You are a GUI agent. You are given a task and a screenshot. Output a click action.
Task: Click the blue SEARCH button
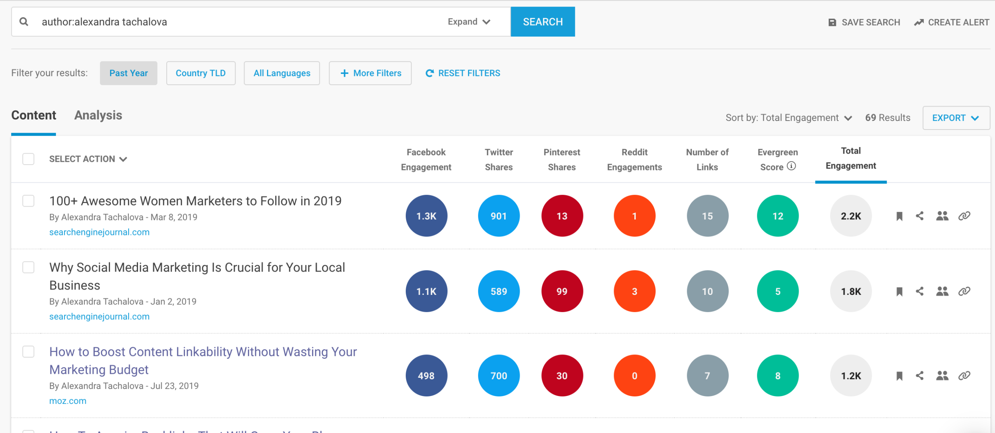coord(543,22)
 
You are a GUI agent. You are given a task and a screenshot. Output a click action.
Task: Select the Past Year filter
coord(128,73)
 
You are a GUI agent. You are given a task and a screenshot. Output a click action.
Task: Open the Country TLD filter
coord(201,73)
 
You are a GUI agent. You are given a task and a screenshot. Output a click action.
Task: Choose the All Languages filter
coord(282,73)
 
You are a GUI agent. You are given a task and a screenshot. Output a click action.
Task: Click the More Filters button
coord(370,73)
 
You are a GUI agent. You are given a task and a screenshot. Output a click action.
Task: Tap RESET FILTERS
coord(463,73)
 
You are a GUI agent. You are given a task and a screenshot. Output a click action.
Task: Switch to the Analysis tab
coord(98,116)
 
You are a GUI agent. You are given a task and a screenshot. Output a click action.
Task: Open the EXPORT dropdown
coord(956,118)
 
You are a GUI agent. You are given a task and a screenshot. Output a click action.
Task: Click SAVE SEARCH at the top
coord(864,23)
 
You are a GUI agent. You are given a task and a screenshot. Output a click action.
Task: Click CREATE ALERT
coord(951,23)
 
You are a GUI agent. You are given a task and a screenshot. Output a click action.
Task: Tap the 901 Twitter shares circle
coord(499,216)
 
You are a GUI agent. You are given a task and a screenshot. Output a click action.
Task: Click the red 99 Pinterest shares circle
coord(562,291)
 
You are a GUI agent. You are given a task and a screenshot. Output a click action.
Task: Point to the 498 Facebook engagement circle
coord(426,376)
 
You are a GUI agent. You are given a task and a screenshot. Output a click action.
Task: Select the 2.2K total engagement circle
coord(851,216)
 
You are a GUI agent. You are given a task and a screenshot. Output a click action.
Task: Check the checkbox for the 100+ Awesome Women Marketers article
coord(28,201)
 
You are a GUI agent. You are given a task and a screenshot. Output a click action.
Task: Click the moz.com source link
coord(68,401)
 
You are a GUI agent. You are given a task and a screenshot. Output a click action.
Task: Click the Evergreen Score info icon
coord(791,166)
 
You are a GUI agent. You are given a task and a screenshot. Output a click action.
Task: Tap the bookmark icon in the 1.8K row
coord(899,292)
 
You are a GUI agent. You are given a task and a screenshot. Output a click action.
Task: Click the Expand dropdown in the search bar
coord(469,22)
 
